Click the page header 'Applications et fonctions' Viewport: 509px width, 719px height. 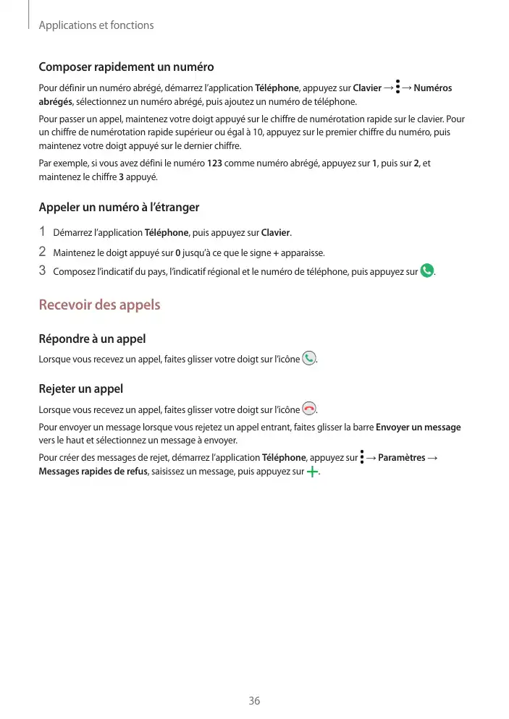point(96,25)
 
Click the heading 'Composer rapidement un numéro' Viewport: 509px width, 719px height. point(126,67)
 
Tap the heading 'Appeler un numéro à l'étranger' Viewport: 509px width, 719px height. point(119,208)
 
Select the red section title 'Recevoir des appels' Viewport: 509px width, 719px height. point(99,305)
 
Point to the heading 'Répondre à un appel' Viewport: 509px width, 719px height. point(92,339)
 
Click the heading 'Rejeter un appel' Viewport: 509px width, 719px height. point(80,389)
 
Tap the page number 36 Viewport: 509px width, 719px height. point(254,701)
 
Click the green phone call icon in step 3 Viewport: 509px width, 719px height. point(427,271)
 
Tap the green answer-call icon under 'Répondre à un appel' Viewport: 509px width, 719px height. point(309,358)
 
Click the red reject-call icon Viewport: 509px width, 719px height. point(309,409)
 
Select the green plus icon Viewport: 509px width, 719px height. point(312,472)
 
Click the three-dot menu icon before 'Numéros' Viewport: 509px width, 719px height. point(398,88)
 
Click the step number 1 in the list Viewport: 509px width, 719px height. point(43,232)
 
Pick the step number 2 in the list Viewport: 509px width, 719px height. point(43,252)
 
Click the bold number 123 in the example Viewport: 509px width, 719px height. point(214,163)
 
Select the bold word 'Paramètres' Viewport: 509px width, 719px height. point(402,458)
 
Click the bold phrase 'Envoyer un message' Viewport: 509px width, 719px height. point(418,427)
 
